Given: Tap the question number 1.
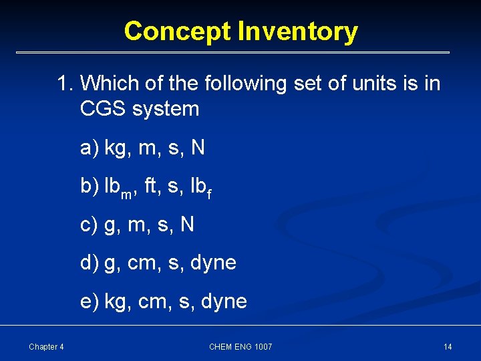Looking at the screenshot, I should [x=64, y=84].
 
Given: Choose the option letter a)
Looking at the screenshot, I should [x=90, y=148].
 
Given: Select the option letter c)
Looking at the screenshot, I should [x=90, y=225].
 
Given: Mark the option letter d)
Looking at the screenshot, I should [x=90, y=263].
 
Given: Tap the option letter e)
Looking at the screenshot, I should [x=90, y=302].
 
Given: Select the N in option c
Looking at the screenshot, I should [x=187, y=225].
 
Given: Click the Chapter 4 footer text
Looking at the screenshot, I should [x=46, y=346].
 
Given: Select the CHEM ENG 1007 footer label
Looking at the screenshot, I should [x=240, y=346].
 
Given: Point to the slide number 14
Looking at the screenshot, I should [x=448, y=346].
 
